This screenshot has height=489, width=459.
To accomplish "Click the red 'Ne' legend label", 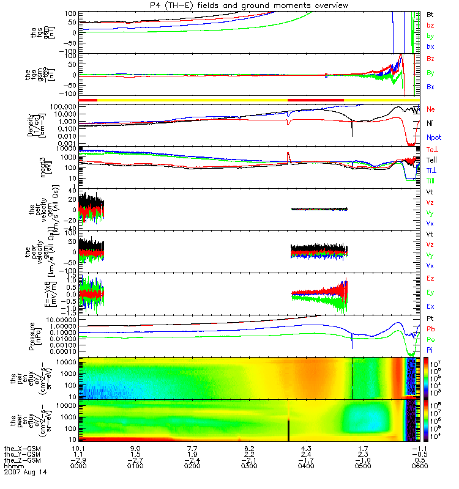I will (430, 109).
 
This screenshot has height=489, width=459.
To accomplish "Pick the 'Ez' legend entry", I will (430, 278).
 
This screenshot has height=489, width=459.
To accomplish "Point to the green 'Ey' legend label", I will (430, 292).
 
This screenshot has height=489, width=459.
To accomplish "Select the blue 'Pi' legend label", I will (430, 349).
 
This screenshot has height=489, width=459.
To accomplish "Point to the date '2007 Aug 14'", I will (25, 472).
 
